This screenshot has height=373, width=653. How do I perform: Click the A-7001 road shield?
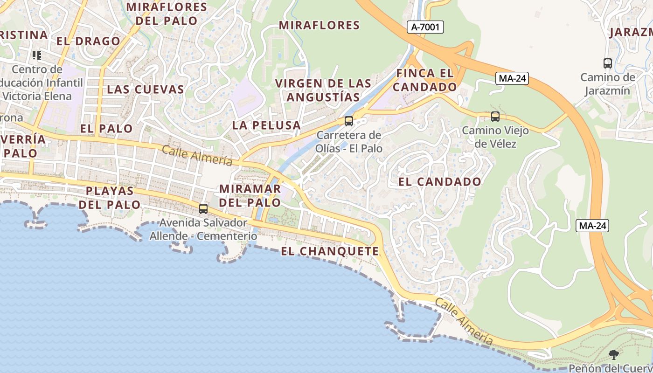(x=425, y=27)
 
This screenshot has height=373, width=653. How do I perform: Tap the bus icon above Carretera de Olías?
(x=348, y=121)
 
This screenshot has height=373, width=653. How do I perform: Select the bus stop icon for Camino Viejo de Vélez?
(x=495, y=117)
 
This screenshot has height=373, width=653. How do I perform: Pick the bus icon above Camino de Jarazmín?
(x=607, y=63)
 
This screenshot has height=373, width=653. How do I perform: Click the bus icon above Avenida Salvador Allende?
(x=203, y=208)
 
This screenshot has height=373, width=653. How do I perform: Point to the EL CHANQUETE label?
(x=330, y=251)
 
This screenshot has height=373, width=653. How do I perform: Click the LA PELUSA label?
(x=266, y=125)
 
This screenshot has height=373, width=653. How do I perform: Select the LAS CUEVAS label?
(x=146, y=90)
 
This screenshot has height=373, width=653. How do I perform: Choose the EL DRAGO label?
(x=89, y=41)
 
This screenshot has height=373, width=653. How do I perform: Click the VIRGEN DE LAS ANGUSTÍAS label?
(x=323, y=90)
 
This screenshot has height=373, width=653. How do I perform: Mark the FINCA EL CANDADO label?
(x=424, y=80)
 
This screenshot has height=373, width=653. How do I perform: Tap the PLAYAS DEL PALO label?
(x=110, y=198)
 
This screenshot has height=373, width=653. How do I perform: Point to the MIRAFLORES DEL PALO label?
(x=167, y=14)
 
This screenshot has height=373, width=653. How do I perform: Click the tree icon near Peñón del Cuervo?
(x=614, y=355)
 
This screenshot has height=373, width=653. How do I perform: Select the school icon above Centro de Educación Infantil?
(x=37, y=56)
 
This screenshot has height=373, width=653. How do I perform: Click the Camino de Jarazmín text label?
(x=608, y=84)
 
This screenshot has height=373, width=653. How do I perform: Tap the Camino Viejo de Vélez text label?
(x=495, y=137)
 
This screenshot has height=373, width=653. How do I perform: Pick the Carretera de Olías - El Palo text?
(x=349, y=142)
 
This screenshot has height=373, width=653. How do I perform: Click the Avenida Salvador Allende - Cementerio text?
(x=203, y=229)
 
